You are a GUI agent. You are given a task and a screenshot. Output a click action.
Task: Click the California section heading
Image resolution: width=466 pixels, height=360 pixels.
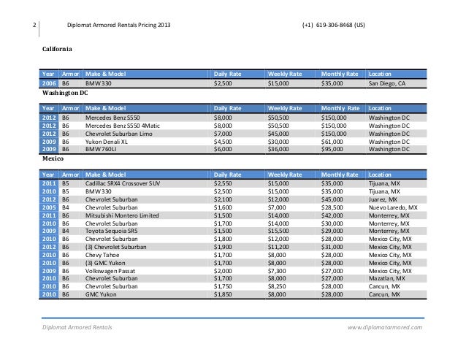(x=56, y=50)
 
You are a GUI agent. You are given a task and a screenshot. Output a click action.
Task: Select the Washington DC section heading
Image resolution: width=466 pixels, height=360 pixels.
(x=66, y=94)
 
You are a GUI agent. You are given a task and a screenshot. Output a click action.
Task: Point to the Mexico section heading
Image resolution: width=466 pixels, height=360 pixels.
(x=53, y=157)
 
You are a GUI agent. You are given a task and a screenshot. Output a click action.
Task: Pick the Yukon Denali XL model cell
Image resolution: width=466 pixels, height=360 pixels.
(x=107, y=142)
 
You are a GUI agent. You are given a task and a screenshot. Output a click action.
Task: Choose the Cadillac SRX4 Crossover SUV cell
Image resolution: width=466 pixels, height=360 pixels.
(x=122, y=183)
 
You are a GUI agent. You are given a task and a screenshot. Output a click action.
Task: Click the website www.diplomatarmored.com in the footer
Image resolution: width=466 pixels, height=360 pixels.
(x=386, y=328)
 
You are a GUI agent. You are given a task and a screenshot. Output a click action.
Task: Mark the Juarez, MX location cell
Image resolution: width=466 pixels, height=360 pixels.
(x=383, y=199)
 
